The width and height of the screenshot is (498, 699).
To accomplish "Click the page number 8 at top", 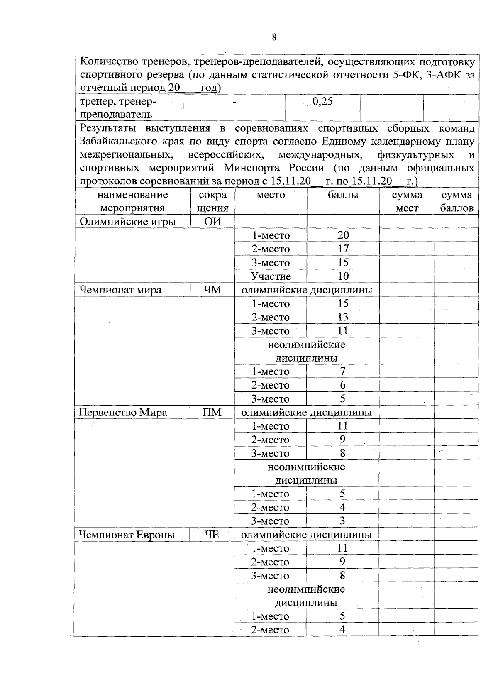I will pos(274,37).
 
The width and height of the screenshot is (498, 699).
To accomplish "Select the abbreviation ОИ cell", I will pos(212,222).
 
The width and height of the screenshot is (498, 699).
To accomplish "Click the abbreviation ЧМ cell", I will pos(212,290).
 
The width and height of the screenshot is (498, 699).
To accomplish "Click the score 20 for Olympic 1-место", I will pos(343,235).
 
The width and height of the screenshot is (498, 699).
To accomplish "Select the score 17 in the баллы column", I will pos(343,249).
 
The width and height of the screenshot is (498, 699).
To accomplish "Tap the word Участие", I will pos(271,276).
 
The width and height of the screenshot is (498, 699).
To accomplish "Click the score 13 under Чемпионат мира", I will pos(343,317).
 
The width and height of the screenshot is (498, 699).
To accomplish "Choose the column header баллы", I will pos(343,195).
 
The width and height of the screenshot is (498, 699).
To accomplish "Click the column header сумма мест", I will pos(407,201).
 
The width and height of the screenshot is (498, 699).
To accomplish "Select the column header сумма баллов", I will pos(456,201).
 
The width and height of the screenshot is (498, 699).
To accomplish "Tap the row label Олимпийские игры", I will pos(127,222).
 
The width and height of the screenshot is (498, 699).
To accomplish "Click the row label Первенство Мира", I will pos(123,412).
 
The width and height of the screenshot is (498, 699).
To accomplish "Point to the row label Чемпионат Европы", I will pos(127,535).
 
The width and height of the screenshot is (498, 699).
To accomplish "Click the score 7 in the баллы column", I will pos(343,371).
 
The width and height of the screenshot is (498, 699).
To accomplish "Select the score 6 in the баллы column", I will pos(343,385).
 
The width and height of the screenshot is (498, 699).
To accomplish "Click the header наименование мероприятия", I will pos(132,201).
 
